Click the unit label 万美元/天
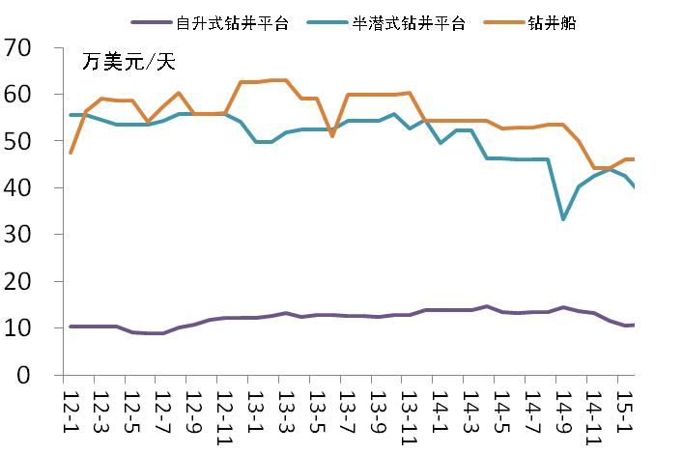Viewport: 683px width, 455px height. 128,64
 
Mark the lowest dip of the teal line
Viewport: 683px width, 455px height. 563,219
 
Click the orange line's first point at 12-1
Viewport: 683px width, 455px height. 71,153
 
